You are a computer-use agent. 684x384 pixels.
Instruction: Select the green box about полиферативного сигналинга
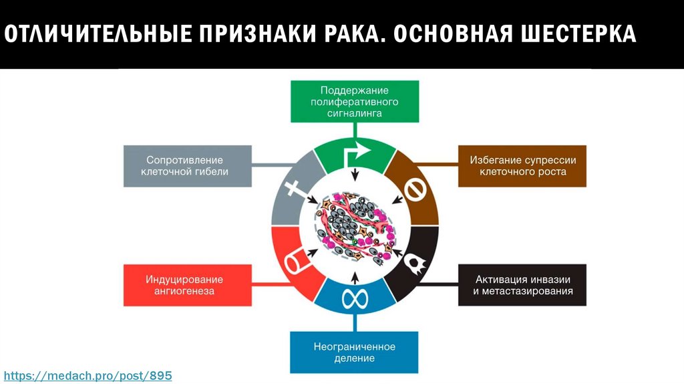click(355, 102)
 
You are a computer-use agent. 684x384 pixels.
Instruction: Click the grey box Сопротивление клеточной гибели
click(184, 166)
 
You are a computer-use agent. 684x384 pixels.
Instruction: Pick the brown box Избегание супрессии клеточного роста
click(522, 166)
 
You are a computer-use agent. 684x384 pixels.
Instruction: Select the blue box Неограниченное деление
click(355, 353)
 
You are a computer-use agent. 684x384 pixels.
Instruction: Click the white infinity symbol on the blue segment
click(355, 299)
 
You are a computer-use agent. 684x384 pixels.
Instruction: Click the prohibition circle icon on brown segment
click(413, 191)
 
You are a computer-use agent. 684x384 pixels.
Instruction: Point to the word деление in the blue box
click(355, 359)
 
